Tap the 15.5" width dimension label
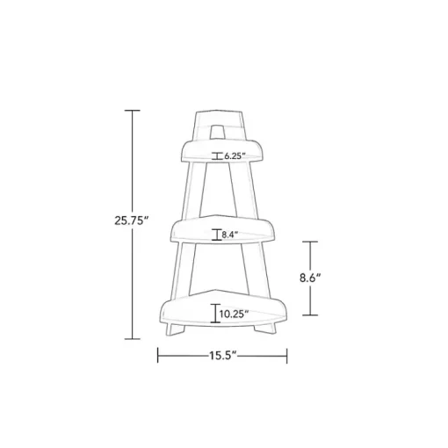[x=222, y=356]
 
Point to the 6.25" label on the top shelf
[x=235, y=156]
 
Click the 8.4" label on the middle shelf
[x=229, y=235]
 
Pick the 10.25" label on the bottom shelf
[x=235, y=314]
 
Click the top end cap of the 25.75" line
[x=133, y=111]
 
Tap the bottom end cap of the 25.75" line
[x=133, y=339]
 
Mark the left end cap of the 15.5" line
[x=158, y=356]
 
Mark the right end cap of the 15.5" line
[x=287, y=356]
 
